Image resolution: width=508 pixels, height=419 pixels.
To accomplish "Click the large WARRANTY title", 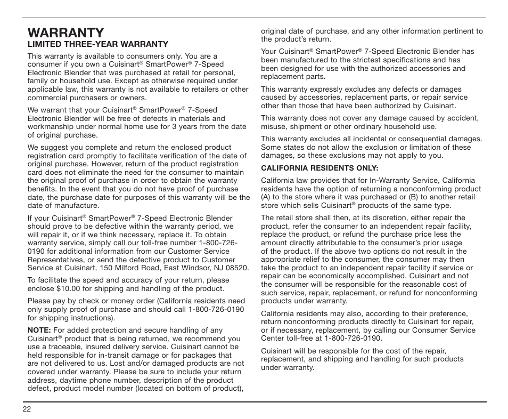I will (x=65, y=34).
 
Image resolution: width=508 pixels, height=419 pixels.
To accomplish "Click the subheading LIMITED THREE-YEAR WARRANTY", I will (x=98, y=44).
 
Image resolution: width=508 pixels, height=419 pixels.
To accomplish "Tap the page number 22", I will (x=27, y=409).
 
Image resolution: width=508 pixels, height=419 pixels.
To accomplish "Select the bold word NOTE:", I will (x=39, y=331).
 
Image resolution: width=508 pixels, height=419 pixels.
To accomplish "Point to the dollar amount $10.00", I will (x=70, y=289).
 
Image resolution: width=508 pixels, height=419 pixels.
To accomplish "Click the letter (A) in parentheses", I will (x=266, y=197).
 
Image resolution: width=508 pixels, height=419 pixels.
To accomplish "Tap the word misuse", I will (x=273, y=127).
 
